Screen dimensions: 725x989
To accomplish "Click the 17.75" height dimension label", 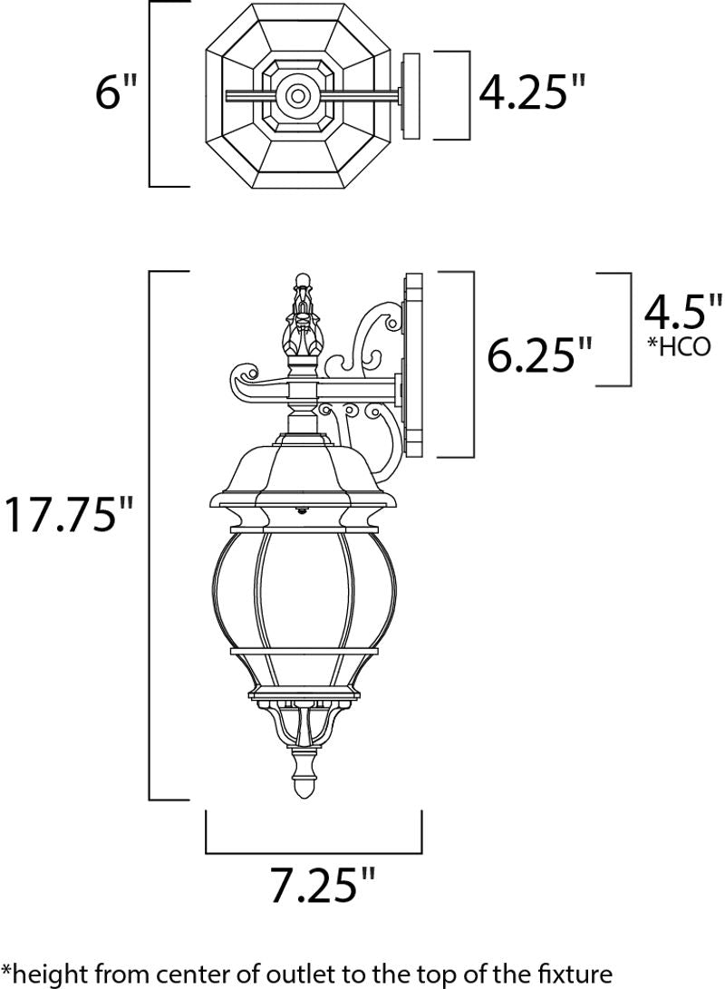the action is (x=69, y=513).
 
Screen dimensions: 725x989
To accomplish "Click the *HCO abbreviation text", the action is (x=679, y=346).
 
